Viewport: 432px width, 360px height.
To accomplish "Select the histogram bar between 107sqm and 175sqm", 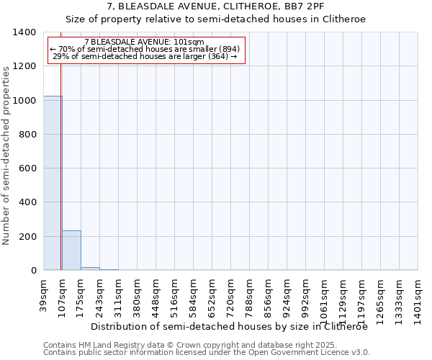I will [x=71, y=251].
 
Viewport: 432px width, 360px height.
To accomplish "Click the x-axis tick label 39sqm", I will [x=44, y=293].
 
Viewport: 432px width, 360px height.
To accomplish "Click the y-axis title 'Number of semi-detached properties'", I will [x=6, y=156].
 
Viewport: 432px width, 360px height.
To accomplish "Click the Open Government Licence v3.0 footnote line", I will [x=207, y=353].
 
